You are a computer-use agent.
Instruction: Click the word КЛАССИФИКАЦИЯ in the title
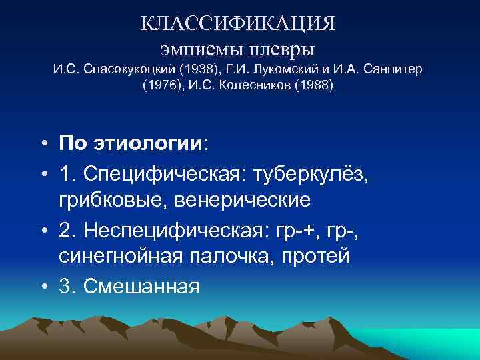[239, 23]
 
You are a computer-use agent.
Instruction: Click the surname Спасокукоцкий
[125, 70]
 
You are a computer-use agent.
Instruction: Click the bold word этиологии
[148, 143]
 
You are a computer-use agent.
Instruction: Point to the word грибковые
[109, 201]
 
